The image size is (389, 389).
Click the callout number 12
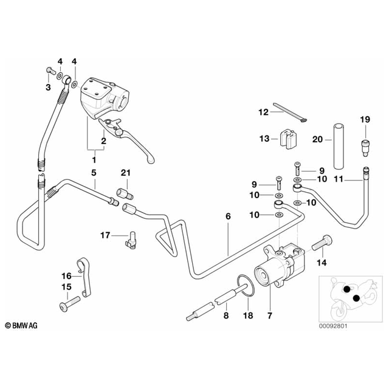tap(263, 112)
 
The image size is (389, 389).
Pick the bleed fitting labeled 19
tap(365, 145)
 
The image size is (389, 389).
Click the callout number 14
tap(322, 262)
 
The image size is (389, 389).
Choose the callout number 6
tap(229, 215)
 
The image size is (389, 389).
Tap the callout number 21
tap(125, 173)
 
